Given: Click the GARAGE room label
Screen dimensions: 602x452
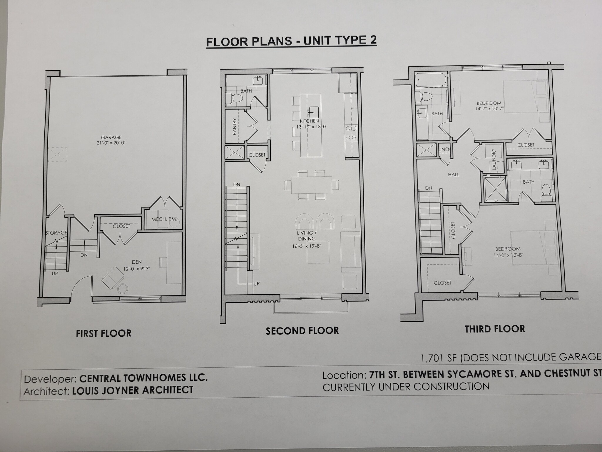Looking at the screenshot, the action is (111, 137).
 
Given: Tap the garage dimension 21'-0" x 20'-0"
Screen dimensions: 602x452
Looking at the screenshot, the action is (111, 143).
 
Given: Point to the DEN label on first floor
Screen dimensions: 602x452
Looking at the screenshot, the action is (137, 262).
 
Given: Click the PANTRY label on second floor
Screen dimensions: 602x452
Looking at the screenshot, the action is (235, 127).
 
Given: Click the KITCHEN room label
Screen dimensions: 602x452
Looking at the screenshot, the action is (309, 121).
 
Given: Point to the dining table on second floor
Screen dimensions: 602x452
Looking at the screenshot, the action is (311, 185).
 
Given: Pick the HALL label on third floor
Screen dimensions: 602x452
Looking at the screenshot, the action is (454, 175).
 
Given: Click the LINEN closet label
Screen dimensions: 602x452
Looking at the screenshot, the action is (445, 149).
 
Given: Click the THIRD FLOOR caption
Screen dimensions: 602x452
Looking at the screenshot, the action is (495, 329).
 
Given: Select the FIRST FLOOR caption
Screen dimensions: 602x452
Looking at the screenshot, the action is (103, 333).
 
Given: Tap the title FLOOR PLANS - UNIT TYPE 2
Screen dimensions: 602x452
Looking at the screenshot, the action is (291, 41).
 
